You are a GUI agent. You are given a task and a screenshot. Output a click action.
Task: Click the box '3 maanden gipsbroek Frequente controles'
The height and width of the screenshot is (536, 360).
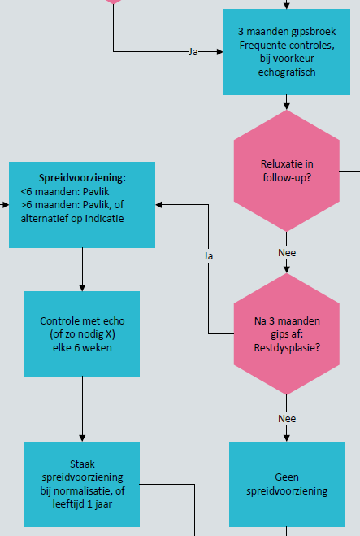click(286, 51)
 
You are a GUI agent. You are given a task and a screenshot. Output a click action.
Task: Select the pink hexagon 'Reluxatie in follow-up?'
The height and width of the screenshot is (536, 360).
click(286, 170)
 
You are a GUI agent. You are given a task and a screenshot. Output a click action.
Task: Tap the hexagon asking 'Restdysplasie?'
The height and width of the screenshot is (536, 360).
click(286, 334)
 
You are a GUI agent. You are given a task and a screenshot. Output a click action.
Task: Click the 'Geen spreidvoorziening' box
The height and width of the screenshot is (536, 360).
click(286, 483)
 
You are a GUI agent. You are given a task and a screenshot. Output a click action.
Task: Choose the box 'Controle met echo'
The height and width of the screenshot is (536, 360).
click(81, 333)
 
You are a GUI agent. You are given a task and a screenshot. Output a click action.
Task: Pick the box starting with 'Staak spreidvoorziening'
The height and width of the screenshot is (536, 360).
click(81, 483)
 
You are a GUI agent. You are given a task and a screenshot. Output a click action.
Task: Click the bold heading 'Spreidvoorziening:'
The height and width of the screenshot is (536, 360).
click(82, 177)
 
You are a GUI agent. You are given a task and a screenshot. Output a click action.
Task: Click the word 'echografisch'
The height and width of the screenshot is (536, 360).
click(286, 72)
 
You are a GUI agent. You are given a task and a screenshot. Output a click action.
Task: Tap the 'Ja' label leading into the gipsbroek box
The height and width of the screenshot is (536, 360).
click(193, 51)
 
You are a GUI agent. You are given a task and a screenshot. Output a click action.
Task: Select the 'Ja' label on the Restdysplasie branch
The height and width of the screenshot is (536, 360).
click(208, 255)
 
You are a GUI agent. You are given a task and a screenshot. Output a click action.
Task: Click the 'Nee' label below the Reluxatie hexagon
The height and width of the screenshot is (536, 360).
click(286, 252)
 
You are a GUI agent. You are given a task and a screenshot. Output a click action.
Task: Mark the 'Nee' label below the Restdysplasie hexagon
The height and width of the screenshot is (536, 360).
click(286, 418)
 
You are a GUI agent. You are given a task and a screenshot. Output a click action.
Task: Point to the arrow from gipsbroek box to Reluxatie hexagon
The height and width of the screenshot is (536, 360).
click(286, 102)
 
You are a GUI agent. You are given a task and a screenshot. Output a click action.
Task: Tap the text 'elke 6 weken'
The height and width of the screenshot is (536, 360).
click(82, 347)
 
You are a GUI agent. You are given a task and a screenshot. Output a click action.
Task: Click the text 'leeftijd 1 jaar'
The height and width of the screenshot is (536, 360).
click(82, 503)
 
